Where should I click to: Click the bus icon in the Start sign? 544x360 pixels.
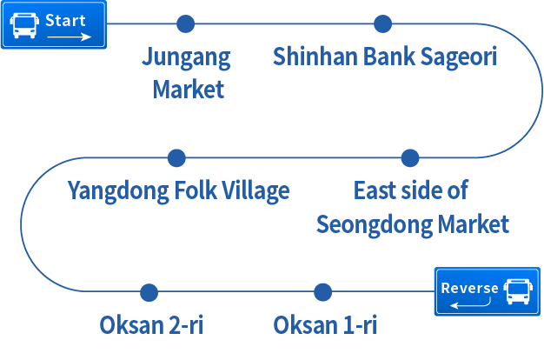[x=24, y=25]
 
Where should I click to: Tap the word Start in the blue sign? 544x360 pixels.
[x=65, y=19]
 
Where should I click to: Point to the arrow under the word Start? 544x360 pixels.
[x=69, y=37]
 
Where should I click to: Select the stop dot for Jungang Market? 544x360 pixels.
[x=185, y=23]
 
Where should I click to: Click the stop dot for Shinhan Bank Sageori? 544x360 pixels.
[x=382, y=23]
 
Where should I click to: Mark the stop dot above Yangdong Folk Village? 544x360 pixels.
[x=176, y=158]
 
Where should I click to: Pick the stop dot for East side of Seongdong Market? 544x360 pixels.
[x=410, y=158]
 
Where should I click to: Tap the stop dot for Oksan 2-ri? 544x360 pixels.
[x=149, y=292]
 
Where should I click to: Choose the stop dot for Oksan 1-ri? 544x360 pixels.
[x=322, y=292]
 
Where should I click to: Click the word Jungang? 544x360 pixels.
[x=187, y=58]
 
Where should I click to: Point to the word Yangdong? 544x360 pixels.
[x=116, y=191]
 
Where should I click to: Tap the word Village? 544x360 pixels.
[x=255, y=191]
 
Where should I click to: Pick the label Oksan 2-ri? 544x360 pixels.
[x=151, y=326]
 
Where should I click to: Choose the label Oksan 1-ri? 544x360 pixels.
[x=325, y=326]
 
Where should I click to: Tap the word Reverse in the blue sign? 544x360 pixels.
[x=470, y=288]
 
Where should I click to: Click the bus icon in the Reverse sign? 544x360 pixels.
[x=517, y=291]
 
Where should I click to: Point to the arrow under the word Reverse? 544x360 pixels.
[x=471, y=303]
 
